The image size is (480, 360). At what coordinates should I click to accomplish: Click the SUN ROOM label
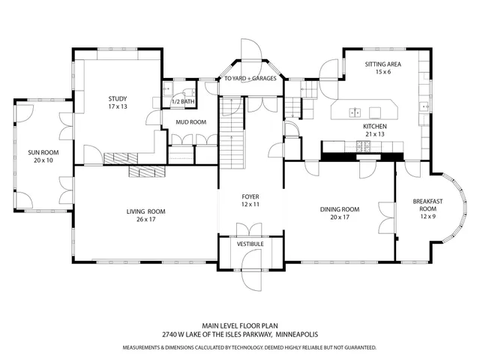[43, 152]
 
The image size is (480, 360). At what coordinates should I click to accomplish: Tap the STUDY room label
[117, 99]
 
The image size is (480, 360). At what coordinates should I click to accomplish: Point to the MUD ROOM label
[191, 121]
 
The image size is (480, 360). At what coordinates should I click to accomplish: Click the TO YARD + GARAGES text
[250, 78]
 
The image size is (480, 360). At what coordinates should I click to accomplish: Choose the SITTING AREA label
[382, 64]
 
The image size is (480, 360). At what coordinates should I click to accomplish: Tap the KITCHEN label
[375, 127]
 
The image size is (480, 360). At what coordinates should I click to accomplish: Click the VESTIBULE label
[250, 244]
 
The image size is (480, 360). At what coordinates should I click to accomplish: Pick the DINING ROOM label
[340, 209]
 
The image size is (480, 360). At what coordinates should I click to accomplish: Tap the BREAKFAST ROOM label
[428, 205]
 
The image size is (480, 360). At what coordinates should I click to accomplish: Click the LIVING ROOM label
[145, 211]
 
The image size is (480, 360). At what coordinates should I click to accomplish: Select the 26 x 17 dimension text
[145, 220]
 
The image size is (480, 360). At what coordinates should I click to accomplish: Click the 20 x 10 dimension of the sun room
[43, 160]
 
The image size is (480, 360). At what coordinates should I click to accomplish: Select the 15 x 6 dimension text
[382, 73]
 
